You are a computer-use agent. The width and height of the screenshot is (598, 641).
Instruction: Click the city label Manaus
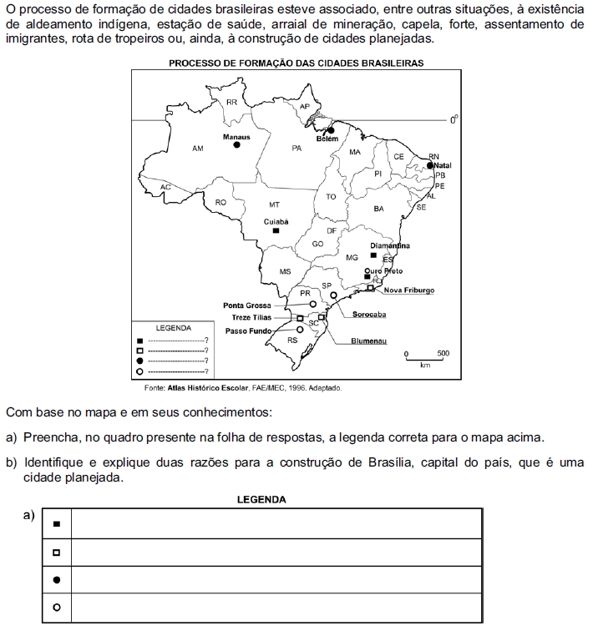coord(236,136)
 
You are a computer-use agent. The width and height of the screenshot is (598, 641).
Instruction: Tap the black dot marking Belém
coord(331,130)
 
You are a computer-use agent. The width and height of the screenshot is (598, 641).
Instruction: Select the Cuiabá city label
coord(276,222)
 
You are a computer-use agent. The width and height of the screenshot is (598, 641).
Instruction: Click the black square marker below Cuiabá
coord(276,231)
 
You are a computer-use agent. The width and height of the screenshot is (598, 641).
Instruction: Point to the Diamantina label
coord(390,246)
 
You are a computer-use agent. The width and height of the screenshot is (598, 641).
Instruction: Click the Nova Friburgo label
coord(409,290)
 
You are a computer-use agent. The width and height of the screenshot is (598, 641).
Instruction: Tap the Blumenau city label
coord(368,341)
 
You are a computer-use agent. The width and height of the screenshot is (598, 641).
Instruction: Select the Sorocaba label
coord(368,315)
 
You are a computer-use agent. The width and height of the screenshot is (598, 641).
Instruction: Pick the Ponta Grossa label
coord(247,305)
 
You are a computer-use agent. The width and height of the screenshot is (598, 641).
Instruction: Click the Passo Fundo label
coord(249,331)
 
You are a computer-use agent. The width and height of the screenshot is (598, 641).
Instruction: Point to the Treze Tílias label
coord(251,318)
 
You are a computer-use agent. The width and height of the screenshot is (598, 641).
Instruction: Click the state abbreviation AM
coord(197,149)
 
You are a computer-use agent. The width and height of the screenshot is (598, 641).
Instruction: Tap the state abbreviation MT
coord(274,204)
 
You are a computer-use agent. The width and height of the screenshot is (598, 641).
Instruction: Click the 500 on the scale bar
coord(443,354)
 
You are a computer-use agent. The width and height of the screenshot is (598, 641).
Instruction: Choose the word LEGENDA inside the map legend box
coord(174,328)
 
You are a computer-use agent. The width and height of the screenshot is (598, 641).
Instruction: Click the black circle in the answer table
coord(57,579)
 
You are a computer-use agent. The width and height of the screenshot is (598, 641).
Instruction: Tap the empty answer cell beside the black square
coord(276,524)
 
